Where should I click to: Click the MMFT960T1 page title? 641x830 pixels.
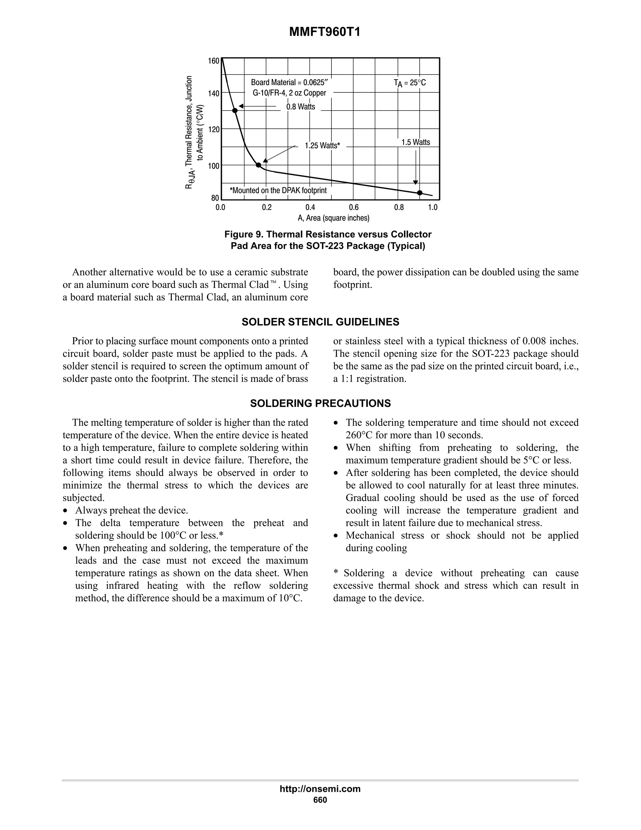(x=325, y=32)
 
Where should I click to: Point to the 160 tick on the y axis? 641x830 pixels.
(x=214, y=61)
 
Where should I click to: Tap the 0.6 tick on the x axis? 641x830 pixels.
(x=354, y=207)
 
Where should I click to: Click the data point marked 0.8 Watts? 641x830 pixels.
(x=235, y=111)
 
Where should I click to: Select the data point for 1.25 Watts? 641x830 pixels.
(x=258, y=165)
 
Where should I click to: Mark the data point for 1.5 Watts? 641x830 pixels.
(x=420, y=193)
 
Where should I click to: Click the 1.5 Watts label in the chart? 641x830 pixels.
(x=416, y=143)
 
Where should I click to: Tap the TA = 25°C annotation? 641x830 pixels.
(x=410, y=83)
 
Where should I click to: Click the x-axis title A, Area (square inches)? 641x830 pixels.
(x=333, y=218)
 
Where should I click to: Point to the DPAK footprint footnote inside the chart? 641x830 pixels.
(x=278, y=190)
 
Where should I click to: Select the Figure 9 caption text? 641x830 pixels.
(x=328, y=240)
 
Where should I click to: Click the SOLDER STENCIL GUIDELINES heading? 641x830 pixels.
(x=320, y=322)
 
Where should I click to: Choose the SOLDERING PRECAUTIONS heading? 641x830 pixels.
(x=320, y=403)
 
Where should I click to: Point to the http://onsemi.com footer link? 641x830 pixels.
(x=320, y=789)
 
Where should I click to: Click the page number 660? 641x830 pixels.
(x=320, y=800)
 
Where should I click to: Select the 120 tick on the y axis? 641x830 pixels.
(x=214, y=129)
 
